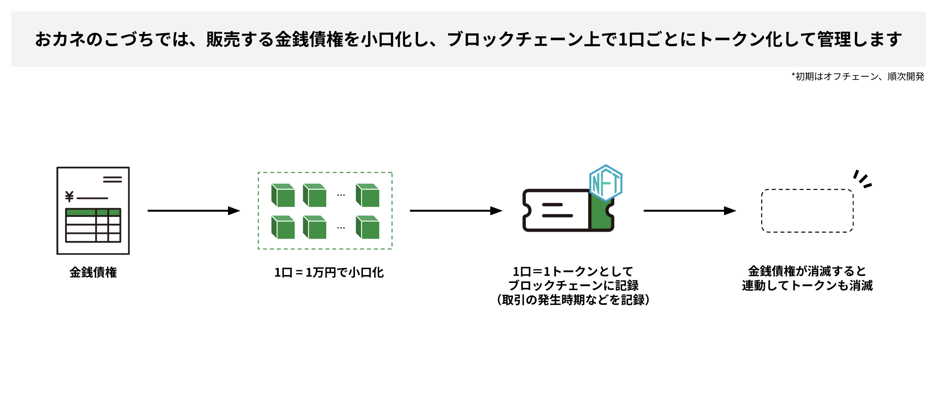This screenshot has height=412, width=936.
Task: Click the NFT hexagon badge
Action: (x=606, y=183)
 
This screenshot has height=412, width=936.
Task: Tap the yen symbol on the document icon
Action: (x=69, y=196)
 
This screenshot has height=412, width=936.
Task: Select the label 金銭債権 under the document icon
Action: (x=93, y=272)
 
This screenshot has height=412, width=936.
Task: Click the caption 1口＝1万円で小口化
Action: (x=329, y=273)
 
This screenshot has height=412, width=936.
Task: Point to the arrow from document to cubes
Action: (x=194, y=210)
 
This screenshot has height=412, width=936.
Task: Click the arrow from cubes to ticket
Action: (x=456, y=210)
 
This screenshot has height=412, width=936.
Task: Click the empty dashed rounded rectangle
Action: (x=807, y=211)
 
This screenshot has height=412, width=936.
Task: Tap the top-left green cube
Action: (x=283, y=195)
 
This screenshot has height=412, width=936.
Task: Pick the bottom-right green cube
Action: (x=367, y=227)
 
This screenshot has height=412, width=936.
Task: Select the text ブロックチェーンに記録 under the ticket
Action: (x=573, y=285)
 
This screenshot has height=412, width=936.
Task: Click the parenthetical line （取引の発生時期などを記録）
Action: (x=573, y=300)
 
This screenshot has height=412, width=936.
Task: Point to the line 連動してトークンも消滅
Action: (x=807, y=286)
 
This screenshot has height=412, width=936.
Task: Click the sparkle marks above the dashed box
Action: (x=863, y=179)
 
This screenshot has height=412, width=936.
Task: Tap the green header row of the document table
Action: (x=93, y=212)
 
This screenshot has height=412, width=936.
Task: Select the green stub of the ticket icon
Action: (x=601, y=216)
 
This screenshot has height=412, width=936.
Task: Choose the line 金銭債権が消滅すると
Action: (x=807, y=271)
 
